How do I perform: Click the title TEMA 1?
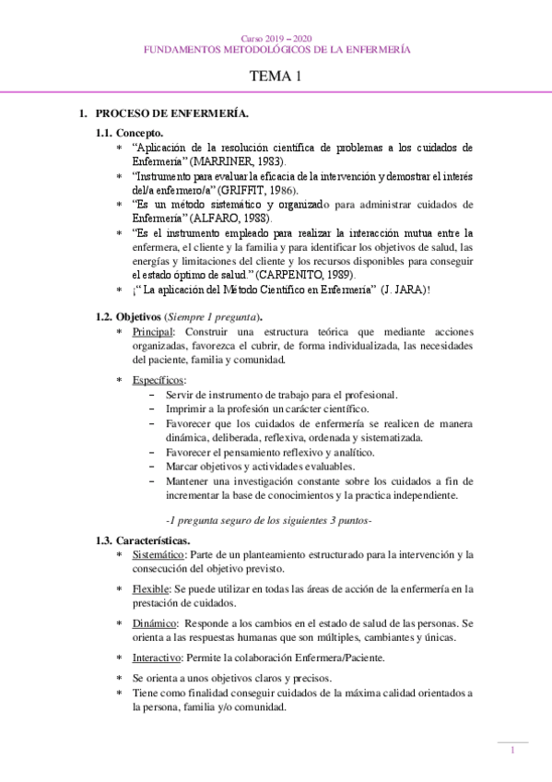(x=276, y=77)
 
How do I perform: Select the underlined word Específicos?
(x=158, y=380)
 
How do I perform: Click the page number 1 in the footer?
(x=512, y=751)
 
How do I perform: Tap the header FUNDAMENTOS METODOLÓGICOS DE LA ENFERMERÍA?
(x=276, y=48)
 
